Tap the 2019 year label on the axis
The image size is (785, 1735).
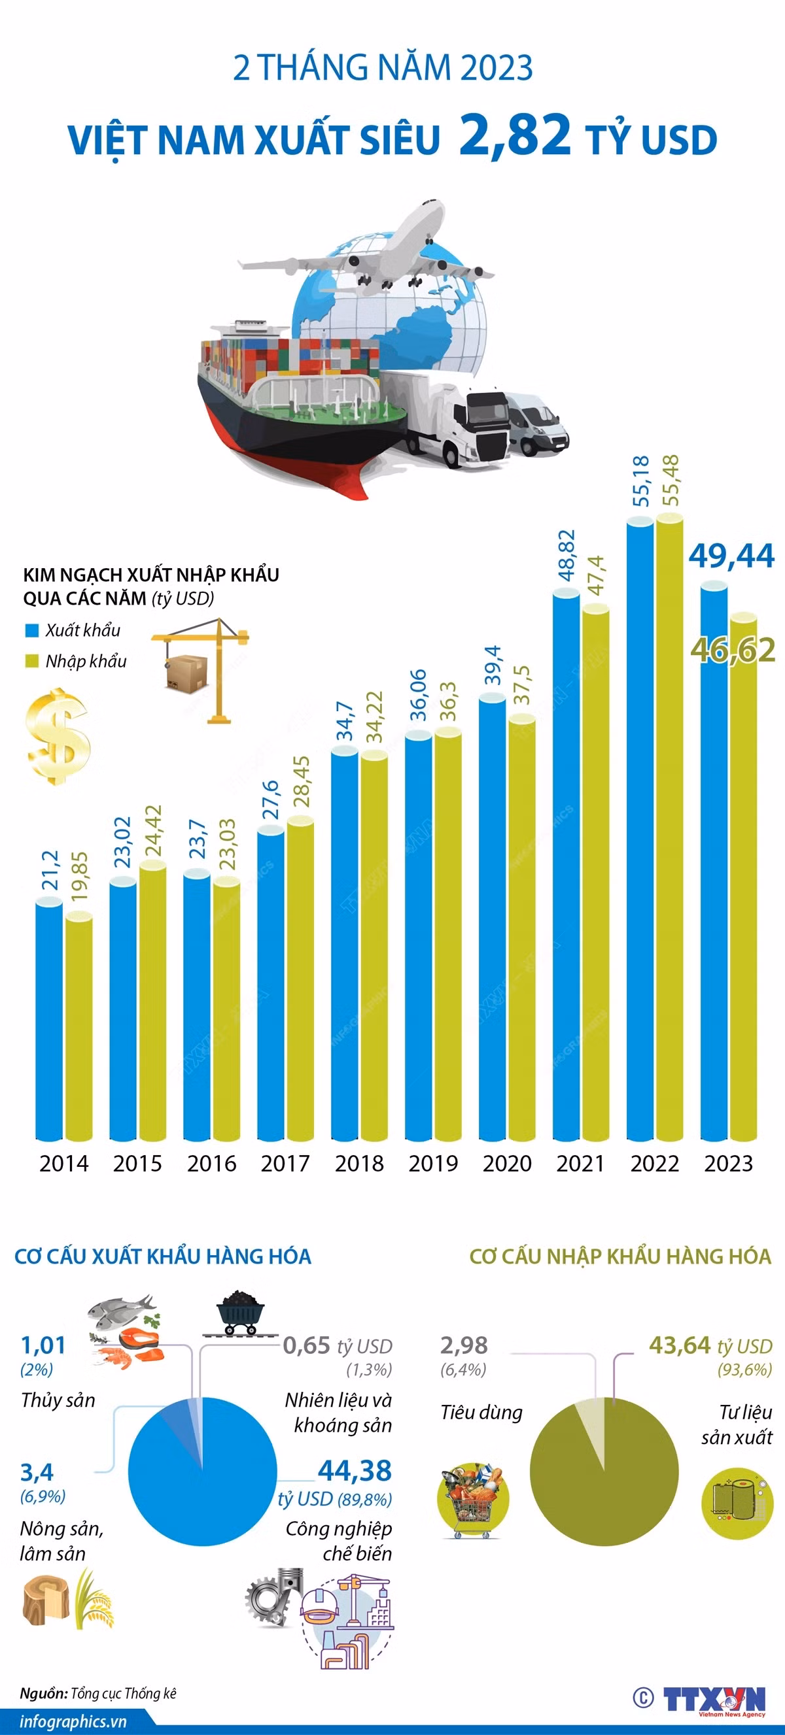(x=433, y=1163)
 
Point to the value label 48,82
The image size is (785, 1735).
(x=567, y=556)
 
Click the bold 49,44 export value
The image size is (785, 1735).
(x=731, y=556)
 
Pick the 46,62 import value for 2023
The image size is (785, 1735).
(x=733, y=650)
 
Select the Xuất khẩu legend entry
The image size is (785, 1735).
(x=73, y=630)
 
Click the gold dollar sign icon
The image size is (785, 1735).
(x=58, y=735)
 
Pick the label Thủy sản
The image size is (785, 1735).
(x=58, y=1400)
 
